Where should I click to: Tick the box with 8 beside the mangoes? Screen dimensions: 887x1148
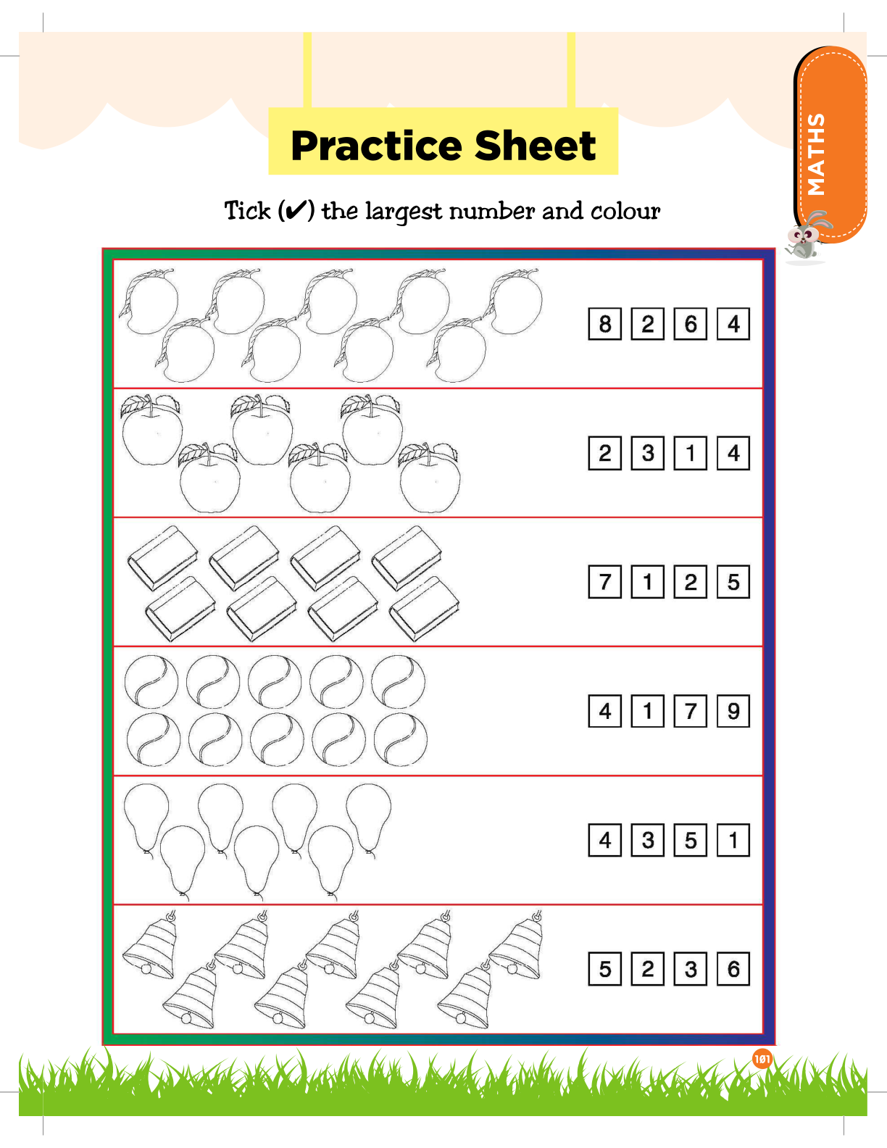[x=605, y=324]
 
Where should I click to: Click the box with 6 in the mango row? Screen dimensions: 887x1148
[x=691, y=324]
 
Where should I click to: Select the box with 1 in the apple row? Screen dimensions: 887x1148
[x=691, y=453]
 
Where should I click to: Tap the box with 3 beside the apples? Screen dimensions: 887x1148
[x=648, y=453]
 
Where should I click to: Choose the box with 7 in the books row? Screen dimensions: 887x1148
[x=605, y=582]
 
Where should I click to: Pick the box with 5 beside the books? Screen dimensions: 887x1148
[x=733, y=582]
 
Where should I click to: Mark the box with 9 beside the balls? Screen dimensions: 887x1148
[x=733, y=711]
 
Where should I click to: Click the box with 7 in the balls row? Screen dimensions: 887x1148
[x=691, y=711]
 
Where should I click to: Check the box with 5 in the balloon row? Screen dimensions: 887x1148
[x=691, y=840]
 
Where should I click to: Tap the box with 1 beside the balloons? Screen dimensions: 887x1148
[x=733, y=840]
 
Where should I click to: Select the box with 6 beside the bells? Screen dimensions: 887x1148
[x=733, y=969]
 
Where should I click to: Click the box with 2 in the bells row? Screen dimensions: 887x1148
[x=648, y=969]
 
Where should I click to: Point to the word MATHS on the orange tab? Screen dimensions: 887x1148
[x=816, y=154]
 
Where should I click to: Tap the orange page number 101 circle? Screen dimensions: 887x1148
[x=762, y=1060]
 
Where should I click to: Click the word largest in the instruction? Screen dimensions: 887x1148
[x=403, y=212]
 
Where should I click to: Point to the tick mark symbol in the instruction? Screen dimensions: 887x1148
[x=296, y=211]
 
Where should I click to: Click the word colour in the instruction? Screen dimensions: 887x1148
[x=625, y=212]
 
